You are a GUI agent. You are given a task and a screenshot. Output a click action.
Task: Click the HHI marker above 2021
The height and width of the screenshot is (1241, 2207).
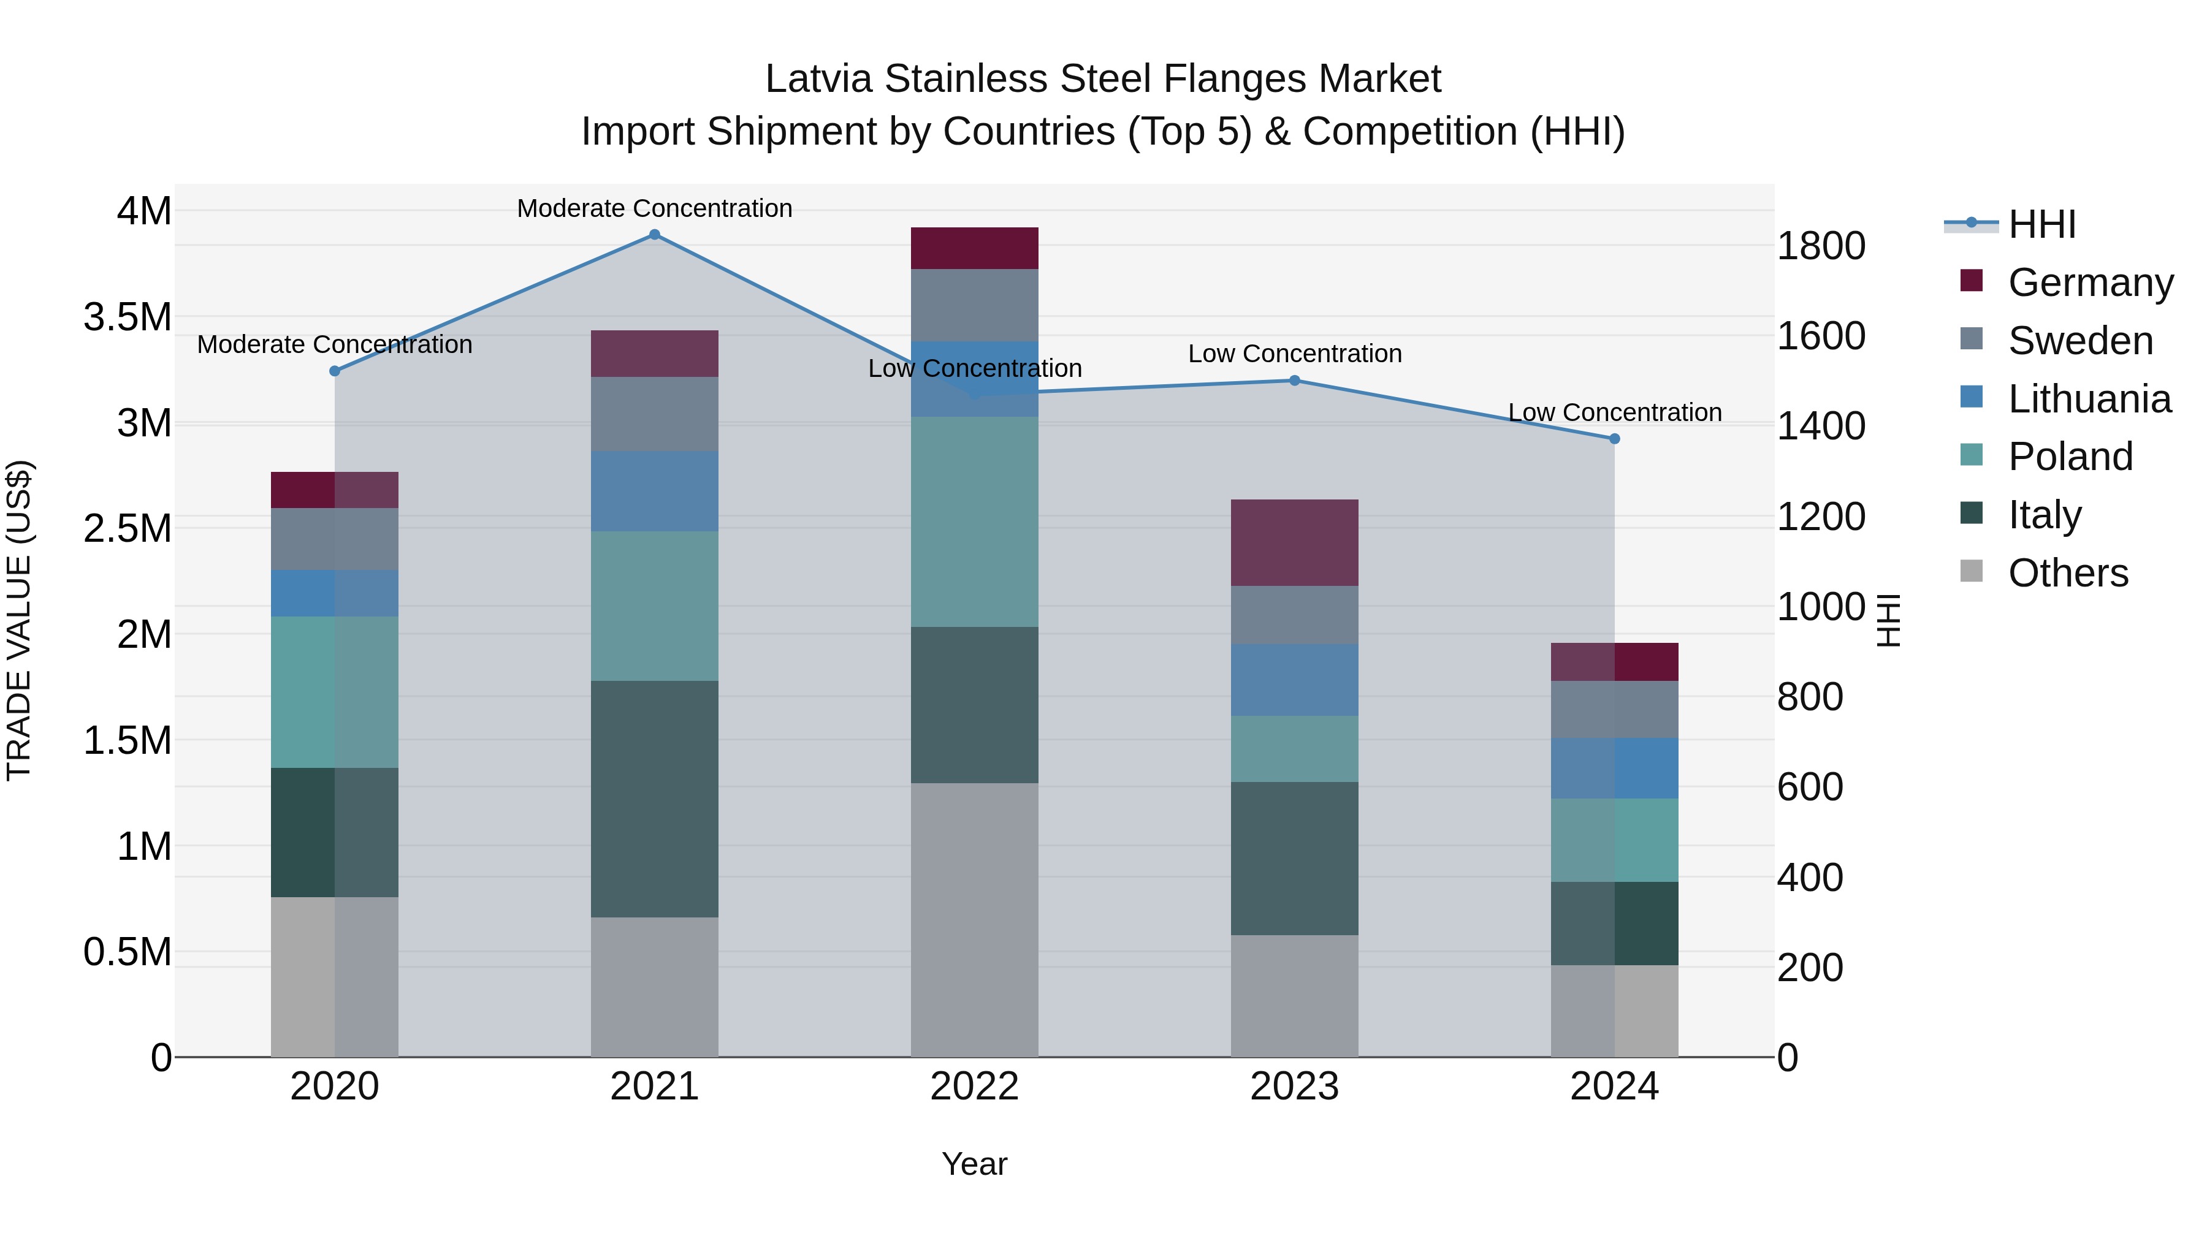(x=655, y=235)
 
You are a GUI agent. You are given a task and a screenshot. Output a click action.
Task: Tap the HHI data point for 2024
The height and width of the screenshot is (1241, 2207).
(x=1614, y=439)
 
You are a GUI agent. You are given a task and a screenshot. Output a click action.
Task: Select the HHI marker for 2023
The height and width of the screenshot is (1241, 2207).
(x=1295, y=380)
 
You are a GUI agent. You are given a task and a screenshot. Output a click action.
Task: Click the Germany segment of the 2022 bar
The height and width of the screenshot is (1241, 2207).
(x=974, y=248)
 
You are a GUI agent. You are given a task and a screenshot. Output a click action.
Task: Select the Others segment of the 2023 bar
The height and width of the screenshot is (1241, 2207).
(x=1295, y=995)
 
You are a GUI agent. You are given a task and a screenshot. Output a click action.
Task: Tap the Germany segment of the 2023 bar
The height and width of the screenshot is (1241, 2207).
(x=1295, y=542)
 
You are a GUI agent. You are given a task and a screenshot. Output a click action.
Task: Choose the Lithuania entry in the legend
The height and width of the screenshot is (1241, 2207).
(x=2089, y=399)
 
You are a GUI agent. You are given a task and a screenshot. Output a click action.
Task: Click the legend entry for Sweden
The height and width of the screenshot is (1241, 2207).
(x=2079, y=341)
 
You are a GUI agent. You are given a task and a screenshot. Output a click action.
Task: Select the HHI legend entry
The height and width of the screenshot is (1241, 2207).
(x=2041, y=224)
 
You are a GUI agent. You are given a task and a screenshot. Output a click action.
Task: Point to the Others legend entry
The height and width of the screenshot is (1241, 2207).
(x=2067, y=573)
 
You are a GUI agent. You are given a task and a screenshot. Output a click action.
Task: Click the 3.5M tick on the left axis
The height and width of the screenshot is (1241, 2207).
(x=127, y=317)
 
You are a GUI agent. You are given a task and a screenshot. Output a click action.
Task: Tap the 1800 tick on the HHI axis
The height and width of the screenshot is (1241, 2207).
(x=1821, y=246)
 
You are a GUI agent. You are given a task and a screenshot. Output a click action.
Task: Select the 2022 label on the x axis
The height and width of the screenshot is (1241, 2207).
(x=974, y=1087)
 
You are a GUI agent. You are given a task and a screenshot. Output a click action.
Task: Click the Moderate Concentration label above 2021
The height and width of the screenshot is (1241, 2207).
(x=655, y=208)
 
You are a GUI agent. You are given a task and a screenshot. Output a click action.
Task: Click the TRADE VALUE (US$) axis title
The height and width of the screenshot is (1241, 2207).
(x=19, y=620)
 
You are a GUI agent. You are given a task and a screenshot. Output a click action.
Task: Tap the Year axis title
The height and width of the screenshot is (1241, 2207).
(x=974, y=1164)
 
